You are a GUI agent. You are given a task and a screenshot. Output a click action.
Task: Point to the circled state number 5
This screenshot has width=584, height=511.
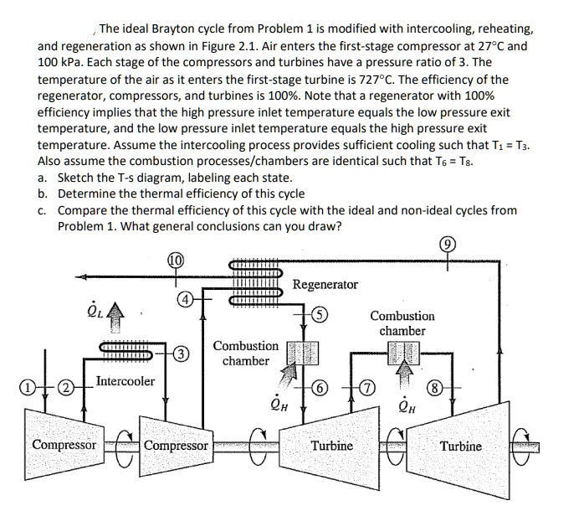tap(321, 317)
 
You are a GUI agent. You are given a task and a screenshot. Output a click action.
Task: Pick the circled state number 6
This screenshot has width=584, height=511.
tap(322, 388)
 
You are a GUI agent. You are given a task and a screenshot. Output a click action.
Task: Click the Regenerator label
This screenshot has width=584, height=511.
tap(325, 285)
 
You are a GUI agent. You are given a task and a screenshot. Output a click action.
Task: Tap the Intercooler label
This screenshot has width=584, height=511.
tap(125, 381)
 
